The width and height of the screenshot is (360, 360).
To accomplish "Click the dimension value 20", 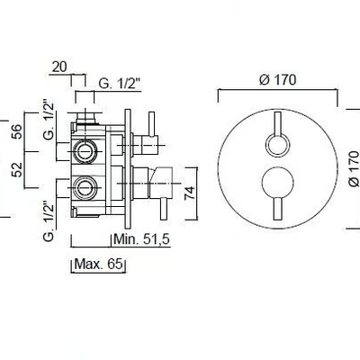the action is point(59,67).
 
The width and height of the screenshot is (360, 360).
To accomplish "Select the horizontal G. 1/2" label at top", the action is point(120,84).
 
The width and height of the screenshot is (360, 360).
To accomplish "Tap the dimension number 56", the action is point(17,131).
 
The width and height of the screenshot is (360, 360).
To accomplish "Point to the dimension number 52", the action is point(17,169).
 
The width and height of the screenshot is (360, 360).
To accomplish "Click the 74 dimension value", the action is point(190,193).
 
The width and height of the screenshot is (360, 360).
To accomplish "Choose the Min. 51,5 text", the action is point(142,239).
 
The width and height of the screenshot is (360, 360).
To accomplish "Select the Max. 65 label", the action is point(99,264).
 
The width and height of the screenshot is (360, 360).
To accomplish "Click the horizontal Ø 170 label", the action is point(278,80).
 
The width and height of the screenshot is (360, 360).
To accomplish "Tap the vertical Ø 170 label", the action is point(354,168).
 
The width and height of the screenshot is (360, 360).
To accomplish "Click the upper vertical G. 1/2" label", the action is point(49,120).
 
